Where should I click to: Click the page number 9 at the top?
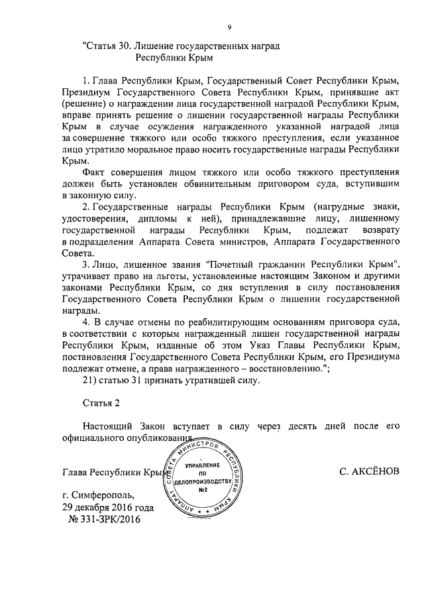point(229,27)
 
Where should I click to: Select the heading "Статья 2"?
point(103,403)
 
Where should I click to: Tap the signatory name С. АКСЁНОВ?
point(369,472)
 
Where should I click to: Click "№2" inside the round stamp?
point(203,489)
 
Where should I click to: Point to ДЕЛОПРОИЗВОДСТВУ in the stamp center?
point(203,481)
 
